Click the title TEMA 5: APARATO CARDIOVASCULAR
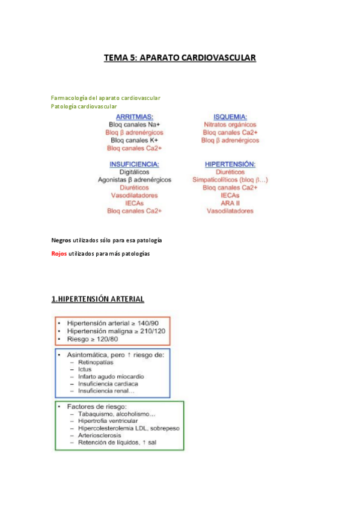pyautogui.click(x=180, y=58)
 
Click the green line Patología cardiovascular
pyautogui.click(x=84, y=106)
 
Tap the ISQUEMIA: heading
pyautogui.click(x=230, y=117)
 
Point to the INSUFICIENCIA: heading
pyautogui.click(x=134, y=164)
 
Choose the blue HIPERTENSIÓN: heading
pyautogui.click(x=230, y=164)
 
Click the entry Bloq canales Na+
pyautogui.click(x=134, y=124)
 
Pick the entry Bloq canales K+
pyautogui.click(x=134, y=140)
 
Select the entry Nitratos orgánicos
pyautogui.click(x=230, y=124)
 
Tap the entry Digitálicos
pyautogui.click(x=134, y=172)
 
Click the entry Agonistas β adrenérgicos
pyautogui.click(x=134, y=180)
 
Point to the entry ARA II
pyautogui.click(x=230, y=203)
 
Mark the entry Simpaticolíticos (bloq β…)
pyautogui.click(x=230, y=180)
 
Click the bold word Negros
pyautogui.click(x=61, y=240)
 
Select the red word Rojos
pyautogui.click(x=59, y=254)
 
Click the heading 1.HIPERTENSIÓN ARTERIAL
pyautogui.click(x=97, y=299)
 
